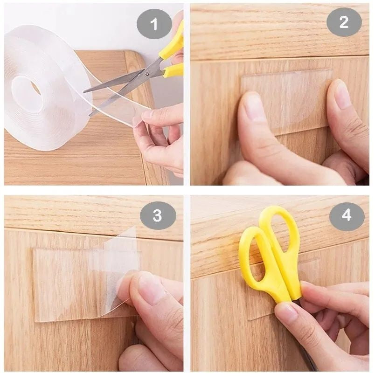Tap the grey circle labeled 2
coord(344,22)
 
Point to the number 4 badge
coord(347,216)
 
